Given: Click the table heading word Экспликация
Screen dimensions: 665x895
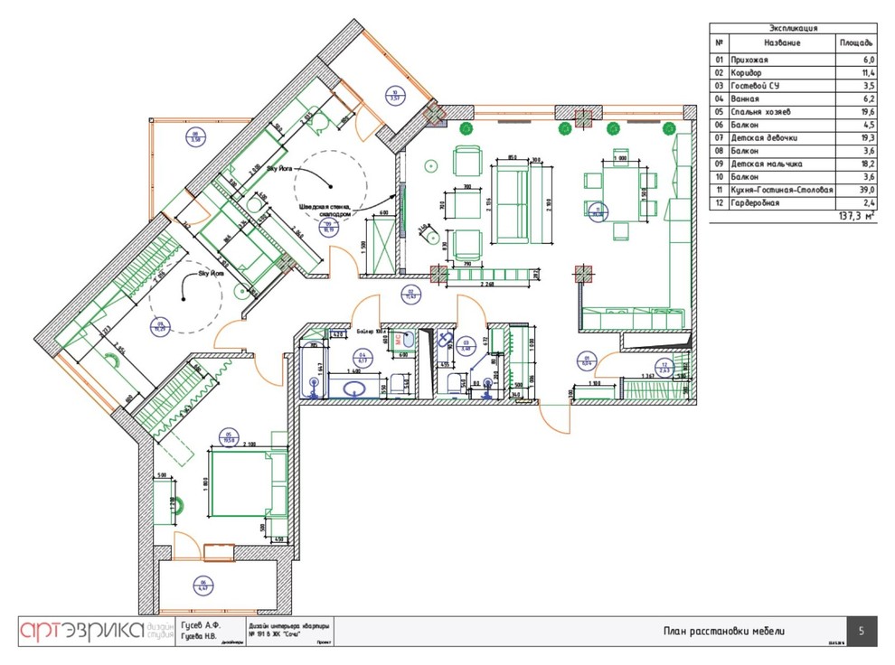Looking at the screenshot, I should [792, 28].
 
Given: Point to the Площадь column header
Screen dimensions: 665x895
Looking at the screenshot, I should [855, 42].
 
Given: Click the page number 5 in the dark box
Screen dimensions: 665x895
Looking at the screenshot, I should [862, 632].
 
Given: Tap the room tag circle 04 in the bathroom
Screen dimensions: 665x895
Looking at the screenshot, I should [363, 356].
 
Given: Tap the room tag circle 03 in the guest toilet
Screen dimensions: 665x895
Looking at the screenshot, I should [466, 344].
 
